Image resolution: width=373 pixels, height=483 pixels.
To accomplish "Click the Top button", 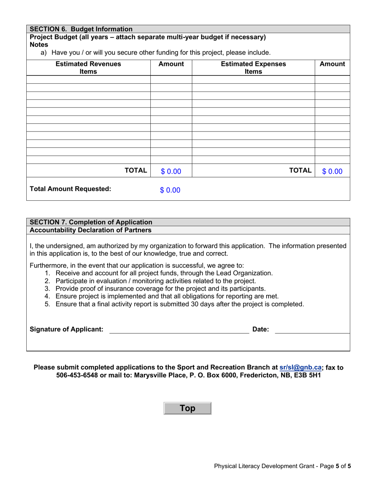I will click(187, 408).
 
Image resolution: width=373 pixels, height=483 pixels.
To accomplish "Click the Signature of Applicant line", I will click(179, 329).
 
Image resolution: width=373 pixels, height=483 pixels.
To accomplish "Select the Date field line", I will click(312, 329).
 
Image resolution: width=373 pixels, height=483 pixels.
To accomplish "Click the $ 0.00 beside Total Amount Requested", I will click(170, 190).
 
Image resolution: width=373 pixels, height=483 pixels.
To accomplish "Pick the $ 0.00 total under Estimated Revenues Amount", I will click(171, 171).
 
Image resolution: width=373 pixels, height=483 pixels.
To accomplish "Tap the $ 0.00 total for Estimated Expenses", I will click(332, 171).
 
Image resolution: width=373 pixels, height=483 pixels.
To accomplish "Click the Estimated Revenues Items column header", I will click(88, 68).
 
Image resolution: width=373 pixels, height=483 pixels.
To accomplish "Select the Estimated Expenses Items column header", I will click(253, 68).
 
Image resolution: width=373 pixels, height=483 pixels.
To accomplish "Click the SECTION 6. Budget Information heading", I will click(81, 29).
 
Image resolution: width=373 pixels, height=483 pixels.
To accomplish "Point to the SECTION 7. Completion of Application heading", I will click(91, 222).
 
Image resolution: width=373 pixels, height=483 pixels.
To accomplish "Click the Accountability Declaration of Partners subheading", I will click(91, 230).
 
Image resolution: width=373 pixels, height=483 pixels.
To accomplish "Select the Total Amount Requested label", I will click(71, 189).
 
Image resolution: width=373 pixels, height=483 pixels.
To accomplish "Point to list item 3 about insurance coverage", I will click(160, 288).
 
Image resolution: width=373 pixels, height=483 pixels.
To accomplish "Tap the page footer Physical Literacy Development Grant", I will click(266, 467).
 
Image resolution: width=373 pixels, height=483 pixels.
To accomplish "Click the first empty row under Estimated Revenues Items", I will click(88, 79).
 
